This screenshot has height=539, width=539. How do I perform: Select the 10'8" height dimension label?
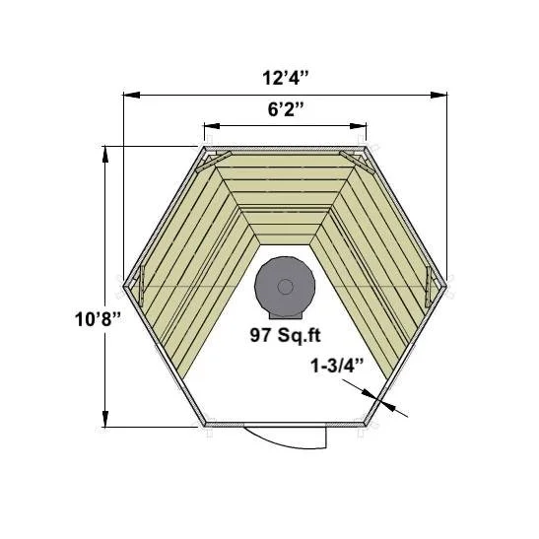[96, 318]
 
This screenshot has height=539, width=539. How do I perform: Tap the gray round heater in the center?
[284, 286]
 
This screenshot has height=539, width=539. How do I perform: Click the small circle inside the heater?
[285, 287]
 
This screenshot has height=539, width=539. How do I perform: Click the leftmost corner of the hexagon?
[123, 287]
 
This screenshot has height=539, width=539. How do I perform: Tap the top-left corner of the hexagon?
[203, 147]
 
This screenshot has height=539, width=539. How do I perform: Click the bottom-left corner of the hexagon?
[203, 426]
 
